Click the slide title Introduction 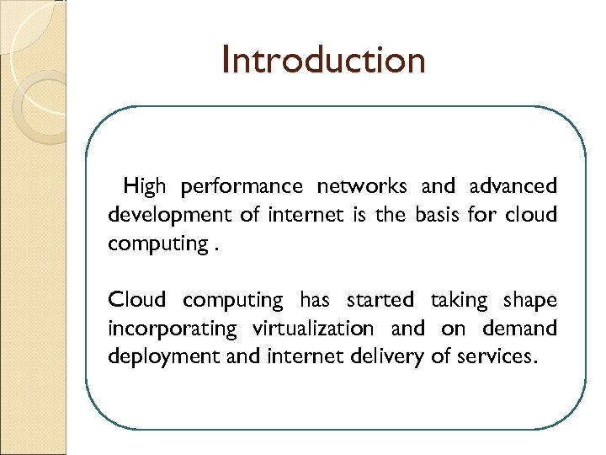[x=324, y=61]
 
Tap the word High [x=145, y=185]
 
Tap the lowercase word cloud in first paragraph [x=531, y=214]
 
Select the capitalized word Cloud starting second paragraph [x=138, y=300]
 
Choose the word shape [x=530, y=301]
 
